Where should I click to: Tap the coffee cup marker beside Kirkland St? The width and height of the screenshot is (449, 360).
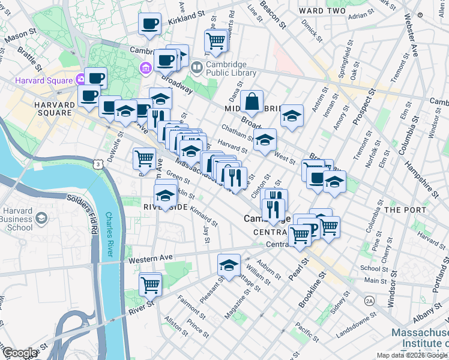click(149, 24)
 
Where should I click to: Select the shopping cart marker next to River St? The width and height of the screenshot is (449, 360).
click(150, 284)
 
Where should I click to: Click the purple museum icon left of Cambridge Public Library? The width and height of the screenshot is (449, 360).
click(145, 67)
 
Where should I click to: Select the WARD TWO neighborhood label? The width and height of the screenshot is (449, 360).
click(322, 11)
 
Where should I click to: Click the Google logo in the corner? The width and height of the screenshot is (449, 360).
click(19, 353)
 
